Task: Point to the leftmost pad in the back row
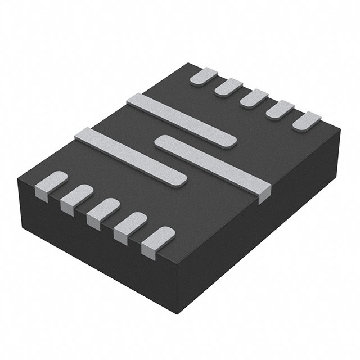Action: (204, 75)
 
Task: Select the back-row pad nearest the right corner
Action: (307, 120)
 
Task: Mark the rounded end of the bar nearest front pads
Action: (180, 179)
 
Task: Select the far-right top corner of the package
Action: (341, 130)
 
